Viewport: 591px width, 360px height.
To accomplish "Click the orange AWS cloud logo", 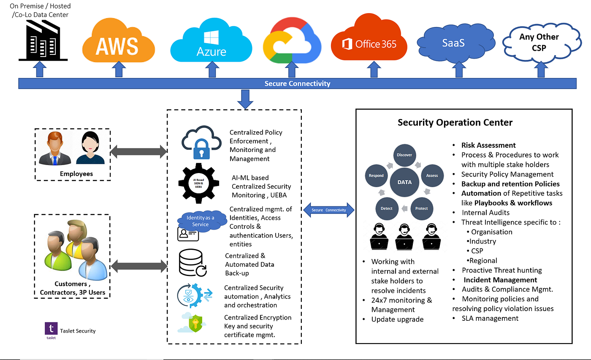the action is [x=119, y=41].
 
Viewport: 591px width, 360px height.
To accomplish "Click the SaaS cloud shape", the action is [x=456, y=43].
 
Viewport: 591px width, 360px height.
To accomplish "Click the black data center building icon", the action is [x=43, y=41].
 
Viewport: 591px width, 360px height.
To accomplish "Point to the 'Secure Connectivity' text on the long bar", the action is [x=297, y=84].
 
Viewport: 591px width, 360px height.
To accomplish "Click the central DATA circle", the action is [x=404, y=182].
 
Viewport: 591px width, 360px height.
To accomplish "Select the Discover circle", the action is [x=404, y=155].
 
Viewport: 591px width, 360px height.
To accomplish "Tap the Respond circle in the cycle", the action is [x=376, y=176].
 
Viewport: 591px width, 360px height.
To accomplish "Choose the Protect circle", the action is [x=422, y=208].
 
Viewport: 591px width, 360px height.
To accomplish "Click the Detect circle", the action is [x=387, y=208].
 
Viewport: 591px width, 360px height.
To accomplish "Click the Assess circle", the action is [x=432, y=176].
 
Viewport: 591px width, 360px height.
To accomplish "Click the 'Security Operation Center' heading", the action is [x=455, y=123].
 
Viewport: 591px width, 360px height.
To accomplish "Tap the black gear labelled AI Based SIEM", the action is [x=199, y=183].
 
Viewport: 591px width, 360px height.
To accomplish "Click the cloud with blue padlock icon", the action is [x=202, y=142].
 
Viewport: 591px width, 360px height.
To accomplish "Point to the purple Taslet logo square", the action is [x=51, y=329].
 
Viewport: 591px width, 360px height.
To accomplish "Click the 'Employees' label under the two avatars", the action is [x=76, y=174].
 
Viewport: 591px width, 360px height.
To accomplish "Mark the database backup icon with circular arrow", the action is [x=192, y=263].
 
